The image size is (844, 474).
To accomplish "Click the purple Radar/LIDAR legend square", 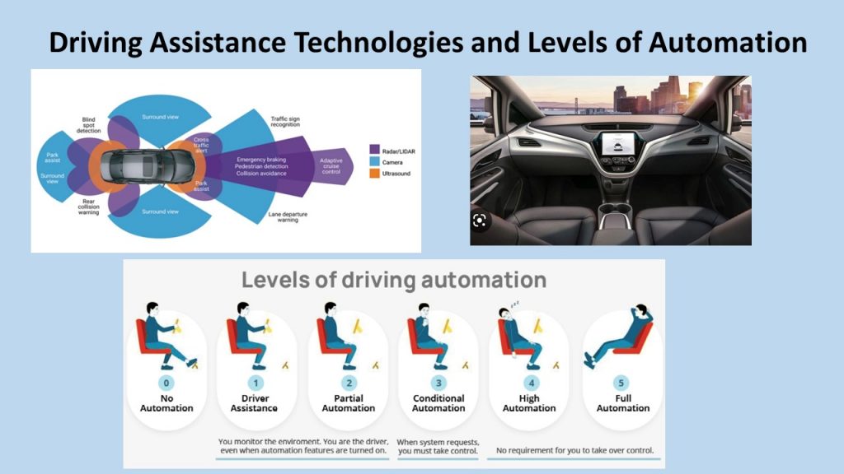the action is [375, 150].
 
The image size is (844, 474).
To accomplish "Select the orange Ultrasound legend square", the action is [375, 174].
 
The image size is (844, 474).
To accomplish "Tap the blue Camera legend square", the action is [375, 161].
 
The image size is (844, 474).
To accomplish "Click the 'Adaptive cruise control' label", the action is [331, 166].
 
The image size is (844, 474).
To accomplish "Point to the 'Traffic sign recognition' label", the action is [285, 122].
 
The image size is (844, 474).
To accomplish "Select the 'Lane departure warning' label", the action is [288, 216].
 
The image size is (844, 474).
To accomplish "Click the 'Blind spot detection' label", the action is [89, 125].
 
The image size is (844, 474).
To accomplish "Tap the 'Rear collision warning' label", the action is [89, 207].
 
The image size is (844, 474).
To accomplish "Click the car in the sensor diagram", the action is [148, 165].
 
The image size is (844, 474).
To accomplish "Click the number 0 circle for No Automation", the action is [166, 383].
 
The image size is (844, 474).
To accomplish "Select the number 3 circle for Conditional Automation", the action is [438, 383].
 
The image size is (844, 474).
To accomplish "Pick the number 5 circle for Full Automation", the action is [621, 383].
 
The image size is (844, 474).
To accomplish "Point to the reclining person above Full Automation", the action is [619, 336].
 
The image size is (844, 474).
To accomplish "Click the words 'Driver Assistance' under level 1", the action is [255, 403].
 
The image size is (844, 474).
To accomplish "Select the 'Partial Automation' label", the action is [349, 403].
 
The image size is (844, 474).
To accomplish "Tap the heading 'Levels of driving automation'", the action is [394, 280].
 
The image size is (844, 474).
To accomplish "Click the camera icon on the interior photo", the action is [480, 221].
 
